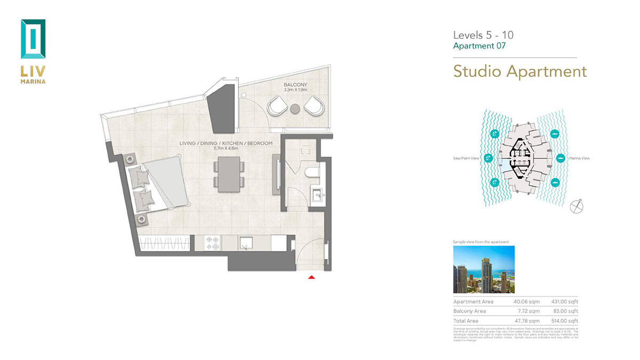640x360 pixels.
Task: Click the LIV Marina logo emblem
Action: pyautogui.click(x=33, y=39)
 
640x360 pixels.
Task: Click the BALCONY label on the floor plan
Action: pyautogui.click(x=296, y=85)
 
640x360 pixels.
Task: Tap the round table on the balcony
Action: pyautogui.click(x=295, y=109)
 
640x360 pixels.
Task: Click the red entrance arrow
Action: pyautogui.click(x=311, y=277)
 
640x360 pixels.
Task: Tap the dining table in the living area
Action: pyautogui.click(x=229, y=174)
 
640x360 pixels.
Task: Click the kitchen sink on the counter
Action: pyautogui.click(x=246, y=243)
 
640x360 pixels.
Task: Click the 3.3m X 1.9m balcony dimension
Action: pyautogui.click(x=296, y=91)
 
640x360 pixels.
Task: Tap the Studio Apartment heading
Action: pyautogui.click(x=519, y=71)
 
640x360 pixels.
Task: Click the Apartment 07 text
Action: pyautogui.click(x=478, y=46)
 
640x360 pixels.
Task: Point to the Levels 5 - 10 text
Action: pyautogui.click(x=483, y=35)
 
